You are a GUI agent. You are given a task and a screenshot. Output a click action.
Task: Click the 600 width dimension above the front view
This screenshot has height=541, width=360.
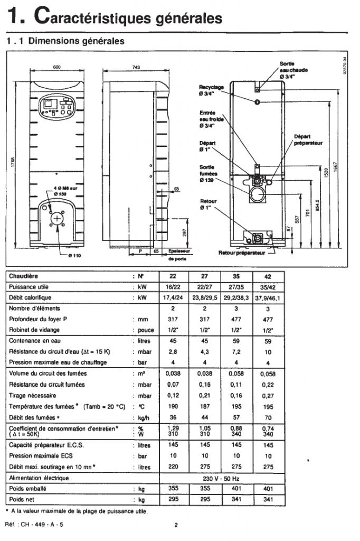[x=56, y=67]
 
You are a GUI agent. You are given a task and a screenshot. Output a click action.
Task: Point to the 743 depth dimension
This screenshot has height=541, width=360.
[x=136, y=67]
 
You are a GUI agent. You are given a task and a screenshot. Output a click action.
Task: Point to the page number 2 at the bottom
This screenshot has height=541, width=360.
[x=176, y=525]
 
